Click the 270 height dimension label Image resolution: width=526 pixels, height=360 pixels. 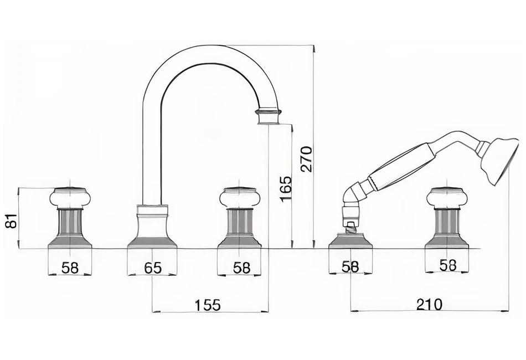point(307,159)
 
